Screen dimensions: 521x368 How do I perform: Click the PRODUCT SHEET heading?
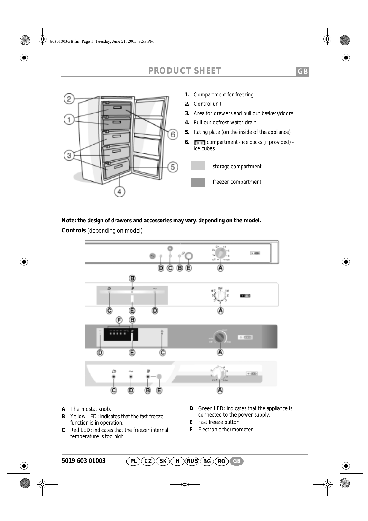185,71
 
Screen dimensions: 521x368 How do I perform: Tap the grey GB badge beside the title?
302,72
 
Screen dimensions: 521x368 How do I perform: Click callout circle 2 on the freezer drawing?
69,99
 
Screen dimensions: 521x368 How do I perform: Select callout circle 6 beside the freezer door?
173,134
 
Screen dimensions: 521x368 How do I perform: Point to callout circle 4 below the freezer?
119,191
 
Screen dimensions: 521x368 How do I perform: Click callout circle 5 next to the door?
173,167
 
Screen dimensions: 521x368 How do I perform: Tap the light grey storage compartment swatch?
198,166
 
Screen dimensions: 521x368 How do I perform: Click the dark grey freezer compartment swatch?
198,182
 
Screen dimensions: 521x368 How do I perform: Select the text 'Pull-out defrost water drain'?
225,123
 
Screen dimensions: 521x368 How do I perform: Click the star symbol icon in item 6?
199,143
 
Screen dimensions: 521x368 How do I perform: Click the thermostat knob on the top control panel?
220,253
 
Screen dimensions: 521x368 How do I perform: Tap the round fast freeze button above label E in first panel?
189,256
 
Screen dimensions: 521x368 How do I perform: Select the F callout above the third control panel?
119,320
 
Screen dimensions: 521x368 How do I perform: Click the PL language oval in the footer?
134,461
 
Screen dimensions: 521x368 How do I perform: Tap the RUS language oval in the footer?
192,461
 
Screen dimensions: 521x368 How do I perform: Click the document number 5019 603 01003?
84,461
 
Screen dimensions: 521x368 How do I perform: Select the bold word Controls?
74,230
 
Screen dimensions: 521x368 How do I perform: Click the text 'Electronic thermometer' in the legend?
225,430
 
